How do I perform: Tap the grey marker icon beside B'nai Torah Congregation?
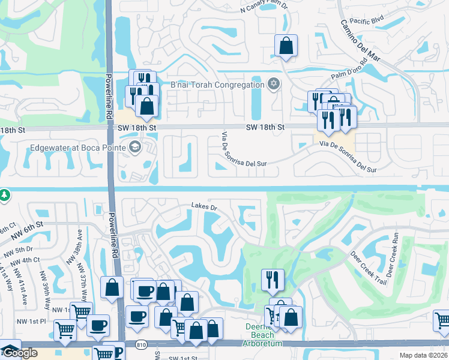[274, 83]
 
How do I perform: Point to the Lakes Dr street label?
[203, 206]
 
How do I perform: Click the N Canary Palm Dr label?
[265, 8]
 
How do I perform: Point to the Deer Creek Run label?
[393, 256]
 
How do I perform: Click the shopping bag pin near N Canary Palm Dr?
[286, 46]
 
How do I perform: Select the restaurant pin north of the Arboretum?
[273, 280]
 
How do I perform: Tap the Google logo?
[19, 353]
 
